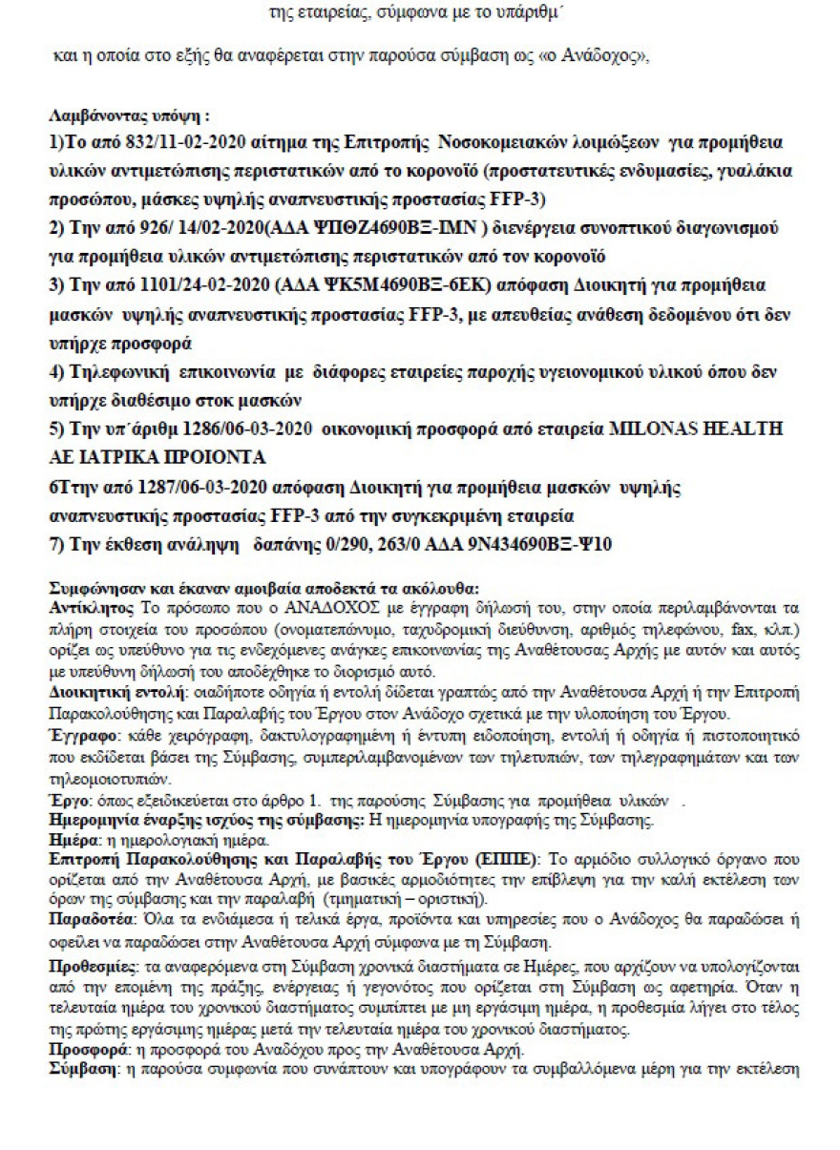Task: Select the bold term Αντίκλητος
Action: [x=82, y=607]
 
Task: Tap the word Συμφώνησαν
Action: [x=92, y=587]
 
